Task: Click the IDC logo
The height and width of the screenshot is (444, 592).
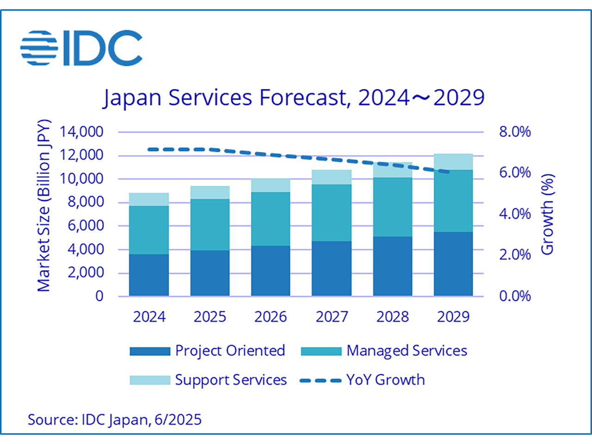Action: coord(81,48)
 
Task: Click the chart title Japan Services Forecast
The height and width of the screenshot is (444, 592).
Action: coord(294,98)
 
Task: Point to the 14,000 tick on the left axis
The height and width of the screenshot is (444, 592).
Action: coord(81,132)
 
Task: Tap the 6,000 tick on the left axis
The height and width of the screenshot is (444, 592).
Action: coord(86,226)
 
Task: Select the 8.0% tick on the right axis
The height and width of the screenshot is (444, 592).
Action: coord(514,132)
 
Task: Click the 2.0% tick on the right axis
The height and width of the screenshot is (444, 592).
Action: coord(514,254)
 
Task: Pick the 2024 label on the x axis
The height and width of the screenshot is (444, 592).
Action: coord(149,317)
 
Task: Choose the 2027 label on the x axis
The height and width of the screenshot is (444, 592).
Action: coord(332,317)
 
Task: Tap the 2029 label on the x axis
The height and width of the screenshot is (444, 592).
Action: coord(453,317)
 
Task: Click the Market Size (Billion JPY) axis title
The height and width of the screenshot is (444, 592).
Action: coord(43,206)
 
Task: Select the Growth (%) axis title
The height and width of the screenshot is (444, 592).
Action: coord(547,214)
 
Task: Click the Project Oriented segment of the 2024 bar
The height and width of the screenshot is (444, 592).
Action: coord(149,275)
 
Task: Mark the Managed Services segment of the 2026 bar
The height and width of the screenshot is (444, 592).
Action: coord(271,219)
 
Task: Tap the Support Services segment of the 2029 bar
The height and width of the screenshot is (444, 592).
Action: coord(453,162)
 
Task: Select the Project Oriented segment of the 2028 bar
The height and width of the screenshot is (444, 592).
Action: coord(393,266)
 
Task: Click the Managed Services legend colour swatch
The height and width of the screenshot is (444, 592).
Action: coord(321,351)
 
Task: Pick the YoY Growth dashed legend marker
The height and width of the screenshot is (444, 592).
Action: coord(321,381)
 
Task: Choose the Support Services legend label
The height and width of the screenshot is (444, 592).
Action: coord(231,380)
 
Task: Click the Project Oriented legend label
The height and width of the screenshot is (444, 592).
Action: coord(230,351)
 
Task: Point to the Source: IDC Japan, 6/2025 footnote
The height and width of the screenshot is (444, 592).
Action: coord(115,419)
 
